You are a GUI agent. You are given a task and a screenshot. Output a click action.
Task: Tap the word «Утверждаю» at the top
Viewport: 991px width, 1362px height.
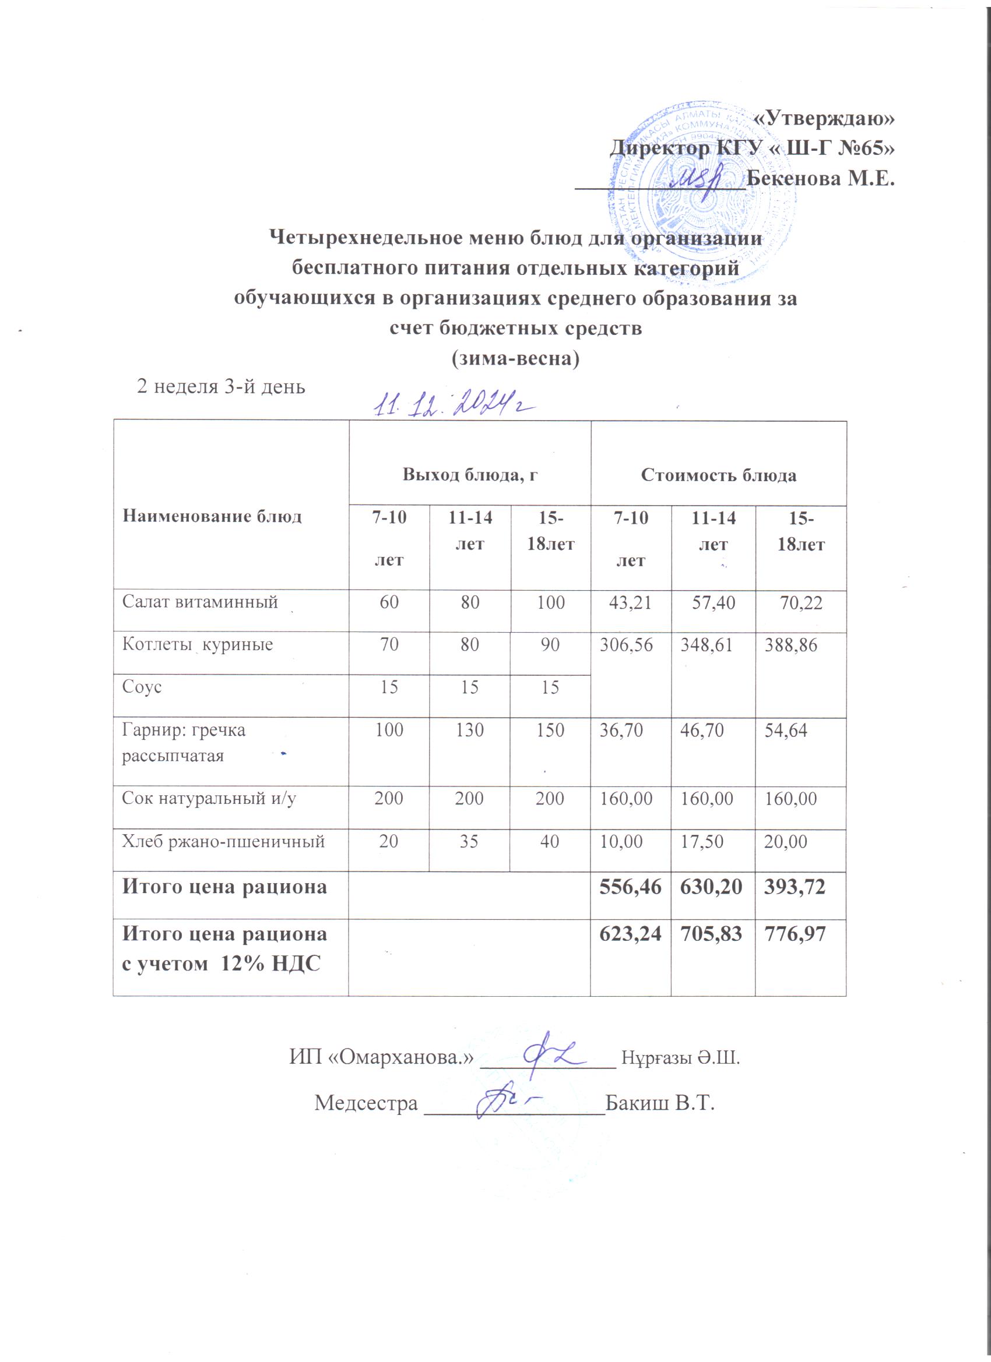click(x=823, y=118)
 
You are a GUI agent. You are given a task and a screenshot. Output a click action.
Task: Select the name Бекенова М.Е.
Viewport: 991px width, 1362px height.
click(x=820, y=179)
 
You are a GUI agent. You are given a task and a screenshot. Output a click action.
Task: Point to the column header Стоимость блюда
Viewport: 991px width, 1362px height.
click(x=718, y=475)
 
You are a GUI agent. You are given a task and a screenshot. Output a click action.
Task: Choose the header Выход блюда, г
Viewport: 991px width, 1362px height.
click(x=469, y=475)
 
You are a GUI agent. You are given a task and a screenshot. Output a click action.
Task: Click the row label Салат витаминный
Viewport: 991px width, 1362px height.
click(x=200, y=602)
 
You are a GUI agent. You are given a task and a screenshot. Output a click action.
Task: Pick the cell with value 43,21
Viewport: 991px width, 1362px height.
click(x=630, y=602)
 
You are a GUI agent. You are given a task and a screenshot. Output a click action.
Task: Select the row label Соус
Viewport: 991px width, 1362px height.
click(x=142, y=687)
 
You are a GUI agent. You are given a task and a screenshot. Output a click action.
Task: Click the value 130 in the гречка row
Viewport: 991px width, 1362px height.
click(x=470, y=731)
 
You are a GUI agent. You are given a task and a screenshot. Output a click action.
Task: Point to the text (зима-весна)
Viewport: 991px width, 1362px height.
click(x=515, y=358)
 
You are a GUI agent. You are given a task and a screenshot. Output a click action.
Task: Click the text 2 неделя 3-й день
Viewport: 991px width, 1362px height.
click(x=221, y=386)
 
